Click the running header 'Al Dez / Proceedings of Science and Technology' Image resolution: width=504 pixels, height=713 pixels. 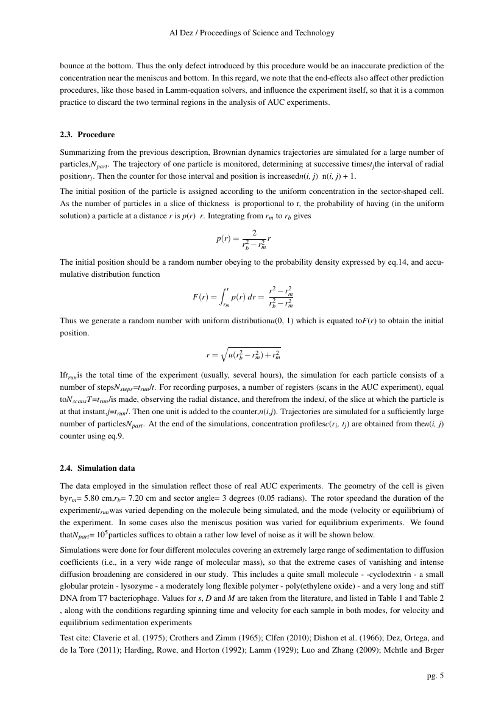click(252, 33)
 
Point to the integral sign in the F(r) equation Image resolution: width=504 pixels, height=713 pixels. click(224, 297)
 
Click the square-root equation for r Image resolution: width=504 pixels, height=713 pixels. click(244, 354)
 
